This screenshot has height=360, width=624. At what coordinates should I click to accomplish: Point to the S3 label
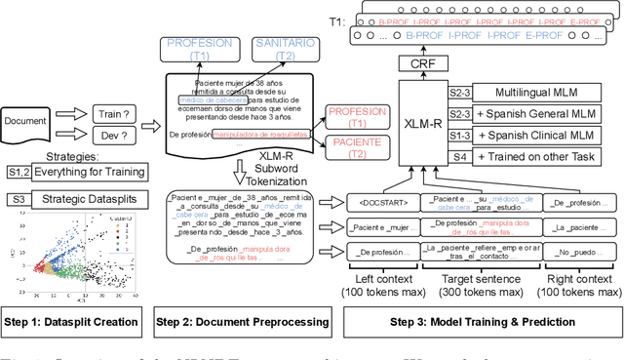(x=18, y=200)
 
